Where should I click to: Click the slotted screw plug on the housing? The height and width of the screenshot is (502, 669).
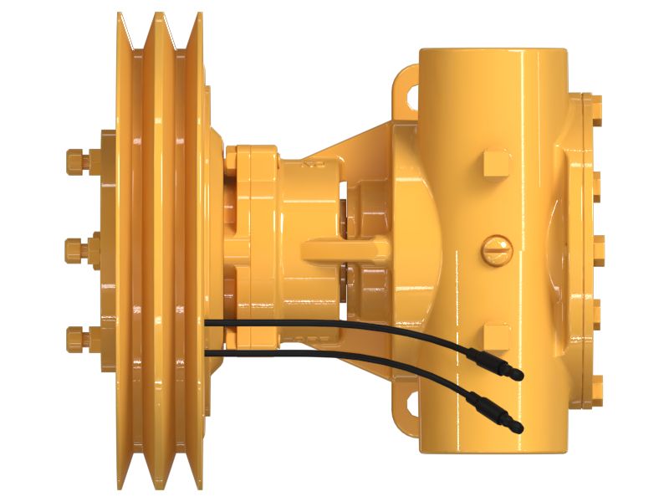tap(493, 248)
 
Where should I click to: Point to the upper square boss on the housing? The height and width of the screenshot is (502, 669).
tap(496, 162)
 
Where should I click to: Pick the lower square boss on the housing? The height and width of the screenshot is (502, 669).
tap(496, 337)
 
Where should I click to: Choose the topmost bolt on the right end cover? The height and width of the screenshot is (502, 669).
tap(597, 102)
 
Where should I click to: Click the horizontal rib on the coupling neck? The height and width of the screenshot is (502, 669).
tap(343, 248)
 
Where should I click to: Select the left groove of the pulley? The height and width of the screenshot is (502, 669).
tap(141, 251)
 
